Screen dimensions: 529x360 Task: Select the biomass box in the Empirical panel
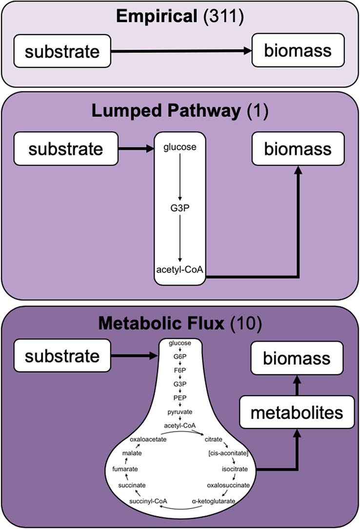pyautogui.click(x=297, y=51)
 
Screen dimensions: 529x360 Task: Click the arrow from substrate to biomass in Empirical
pyautogui.click(x=180, y=51)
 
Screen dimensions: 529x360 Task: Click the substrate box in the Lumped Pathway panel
pyautogui.click(x=66, y=148)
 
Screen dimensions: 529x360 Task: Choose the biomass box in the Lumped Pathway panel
pyautogui.click(x=297, y=148)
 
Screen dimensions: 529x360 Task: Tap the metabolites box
pyautogui.click(x=297, y=413)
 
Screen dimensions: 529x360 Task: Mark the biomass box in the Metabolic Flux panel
pyautogui.click(x=297, y=359)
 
